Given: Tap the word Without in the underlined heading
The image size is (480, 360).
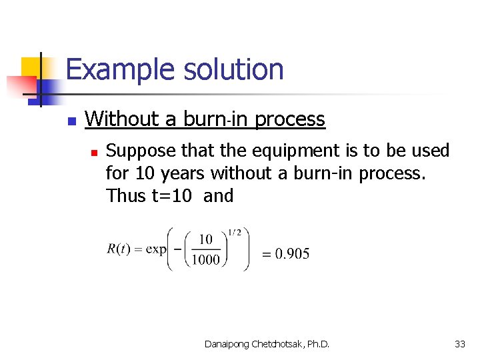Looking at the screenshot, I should [123, 119].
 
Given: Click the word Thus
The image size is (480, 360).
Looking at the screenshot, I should [123, 196].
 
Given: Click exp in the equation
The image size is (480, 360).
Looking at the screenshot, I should [155, 250].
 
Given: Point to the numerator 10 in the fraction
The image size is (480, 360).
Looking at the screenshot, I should [206, 239].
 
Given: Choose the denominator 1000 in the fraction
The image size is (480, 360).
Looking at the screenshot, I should [205, 260].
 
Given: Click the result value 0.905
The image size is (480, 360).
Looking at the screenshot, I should [292, 253].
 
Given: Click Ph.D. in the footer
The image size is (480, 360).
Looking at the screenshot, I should [316, 344].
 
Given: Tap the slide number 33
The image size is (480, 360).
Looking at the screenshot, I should [459, 344].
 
